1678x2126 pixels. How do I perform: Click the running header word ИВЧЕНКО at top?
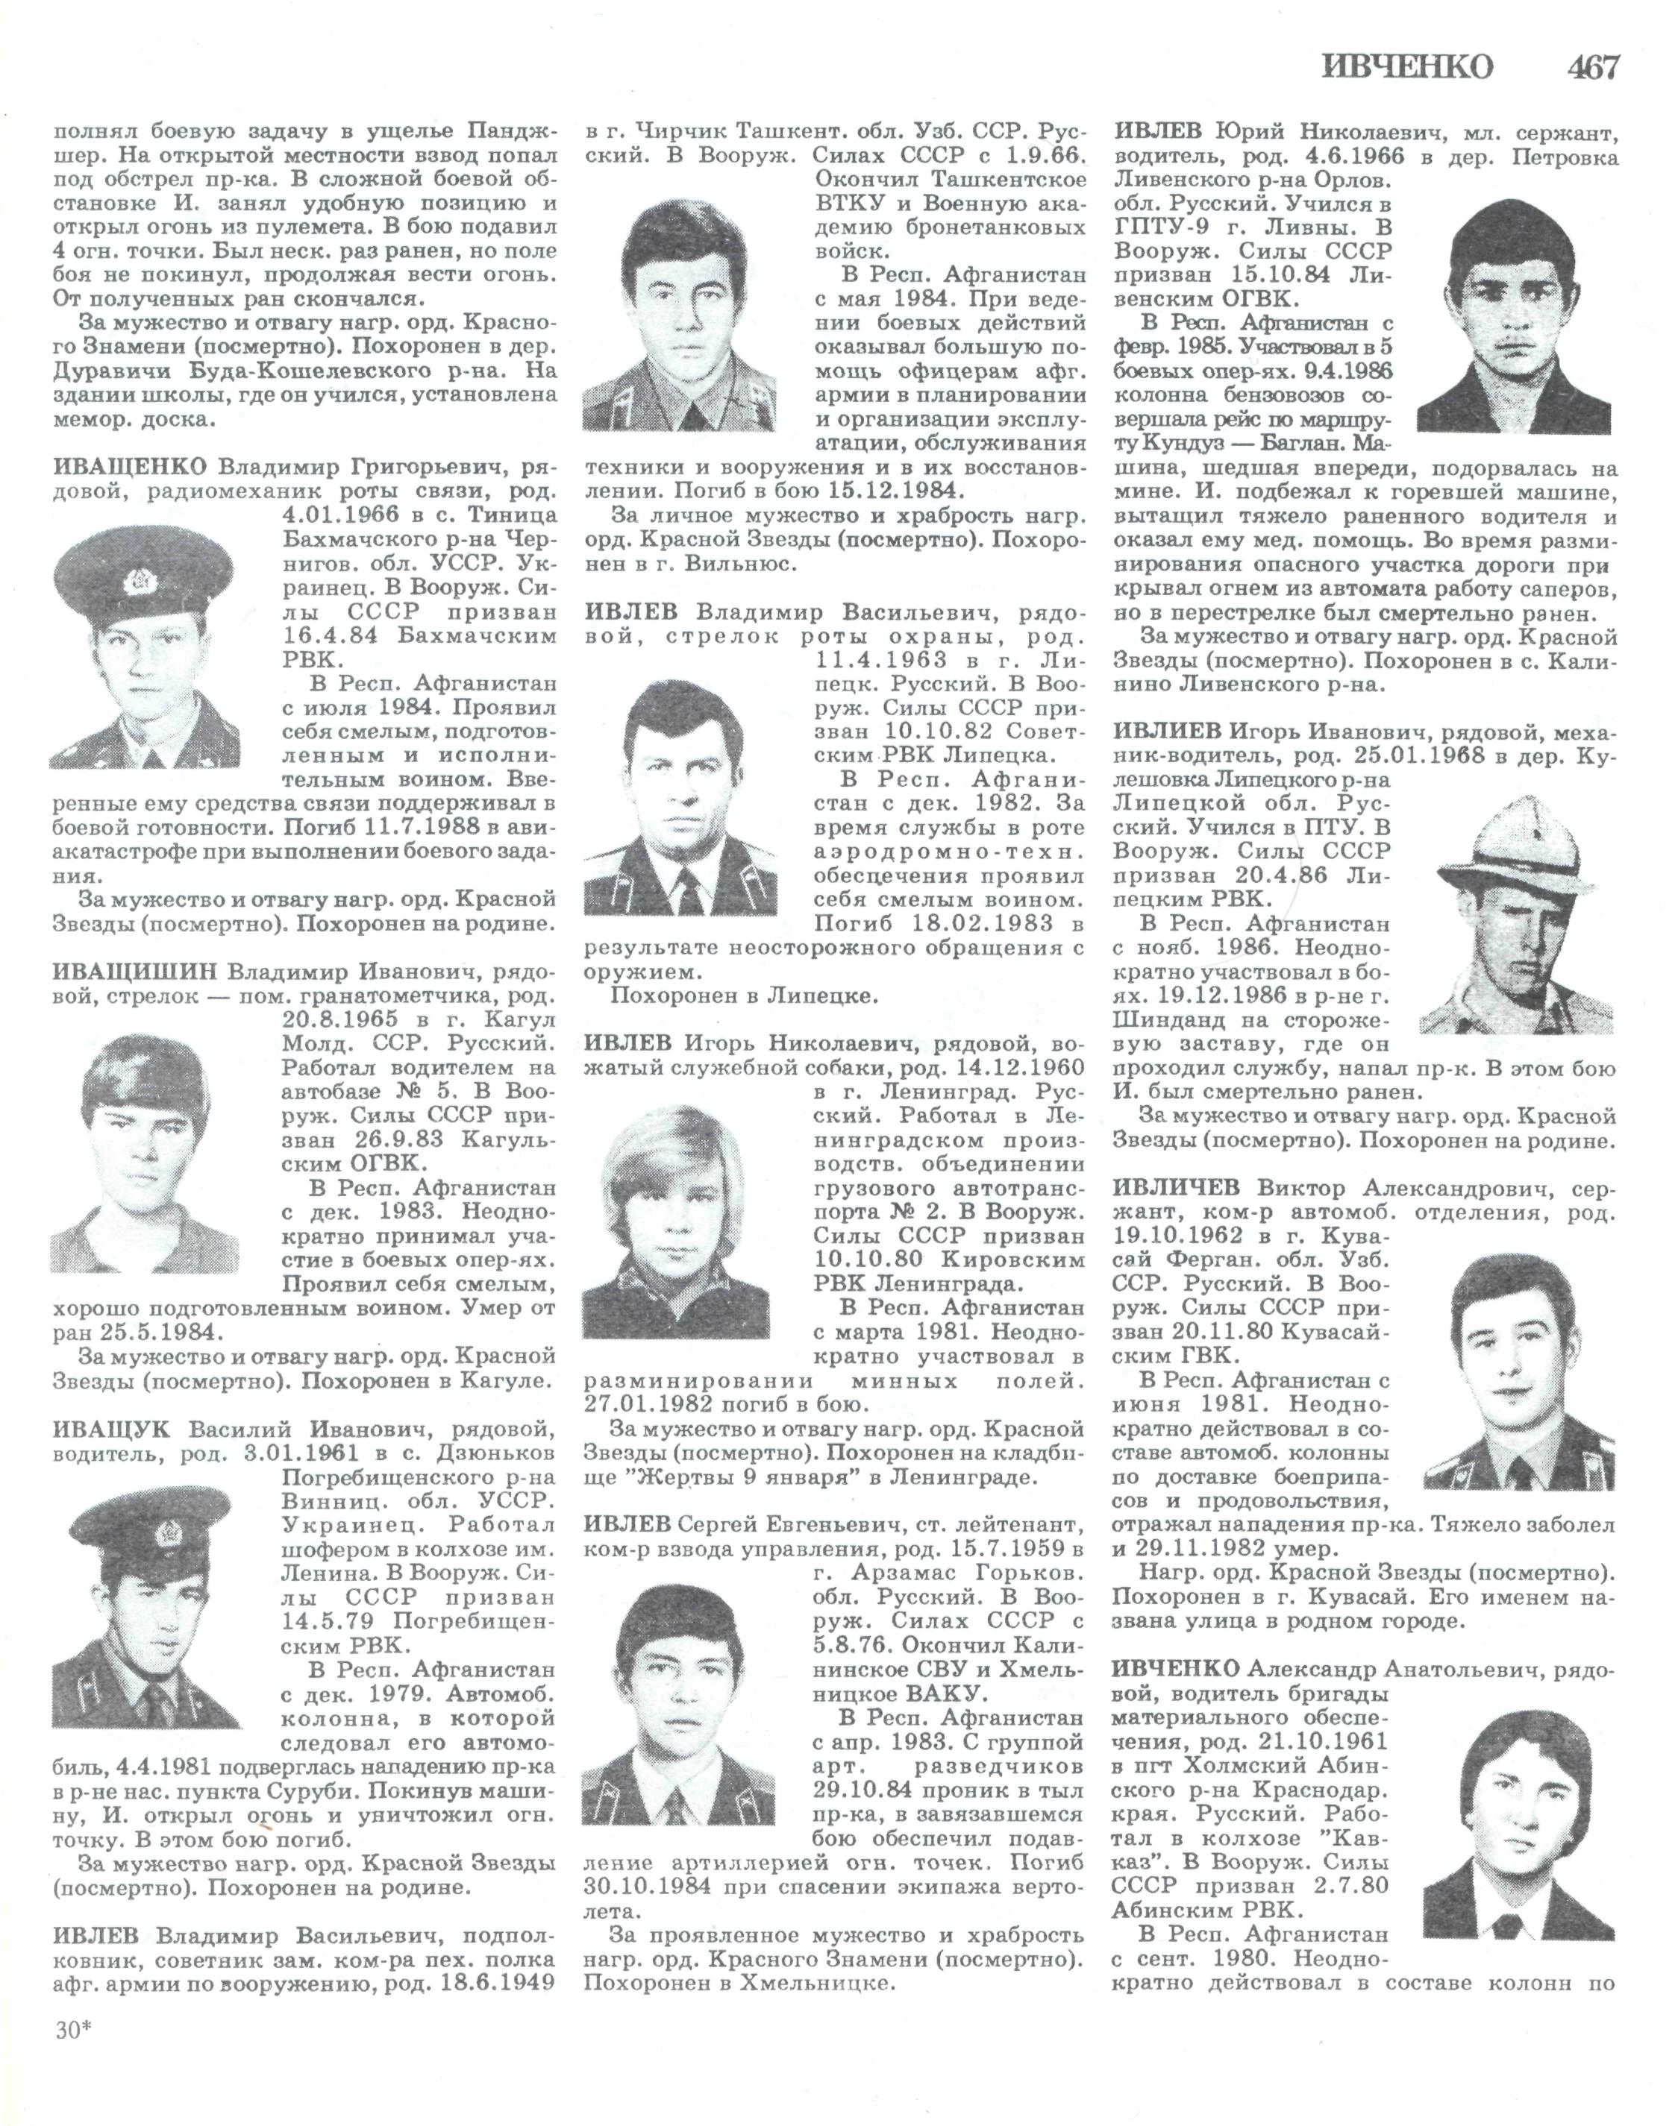[x=1408, y=67]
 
